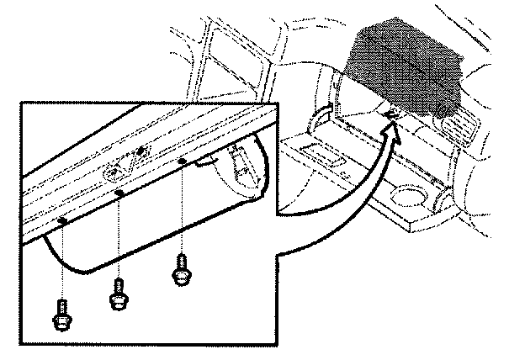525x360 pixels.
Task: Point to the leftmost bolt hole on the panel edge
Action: tap(63, 221)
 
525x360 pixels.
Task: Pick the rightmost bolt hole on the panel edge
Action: tap(181, 159)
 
